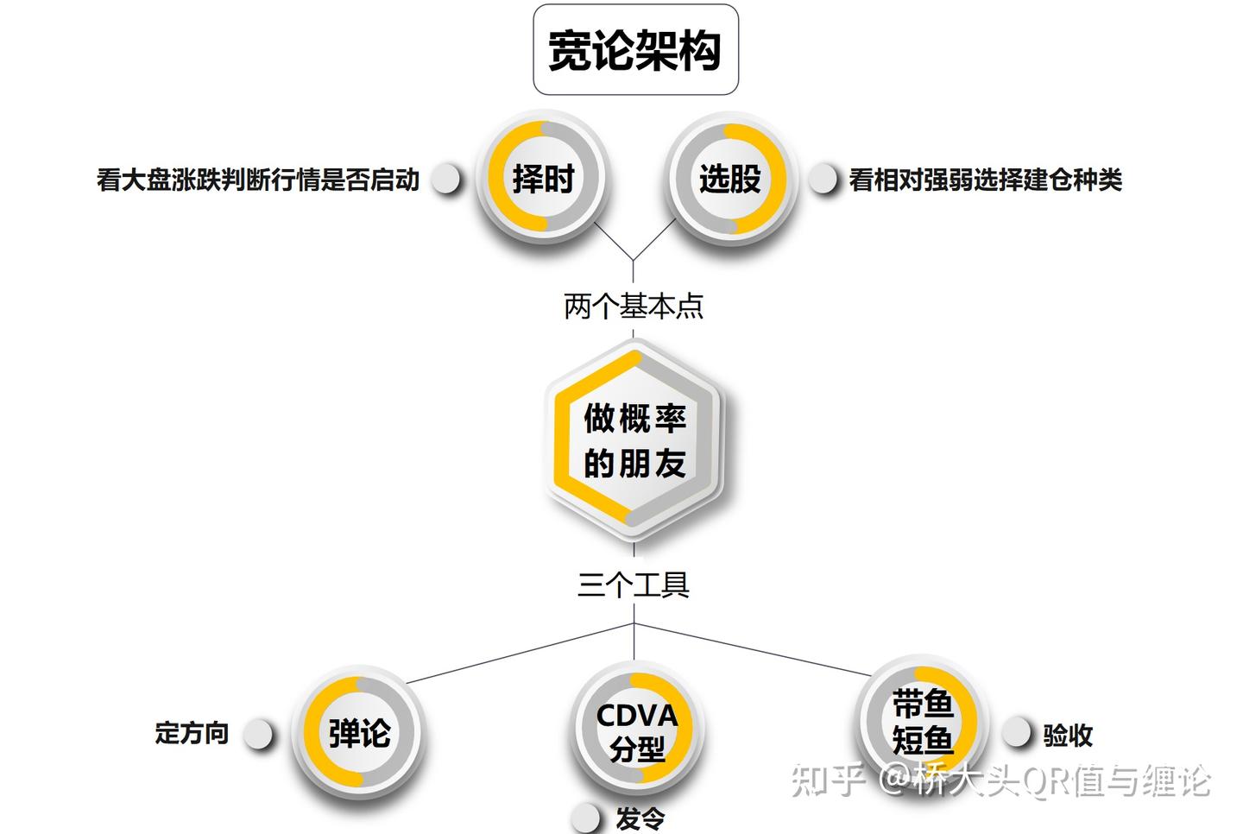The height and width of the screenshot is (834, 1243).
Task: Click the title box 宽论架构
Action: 635,50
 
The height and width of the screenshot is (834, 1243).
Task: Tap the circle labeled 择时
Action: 542,180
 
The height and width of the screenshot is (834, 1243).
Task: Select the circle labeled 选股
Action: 729,180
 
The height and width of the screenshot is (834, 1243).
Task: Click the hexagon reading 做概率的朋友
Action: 634,440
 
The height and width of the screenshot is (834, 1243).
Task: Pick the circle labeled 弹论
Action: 359,733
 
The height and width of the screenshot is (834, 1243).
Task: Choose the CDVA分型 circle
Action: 637,730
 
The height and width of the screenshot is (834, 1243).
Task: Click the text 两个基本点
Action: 634,306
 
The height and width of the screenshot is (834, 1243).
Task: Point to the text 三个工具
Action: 634,585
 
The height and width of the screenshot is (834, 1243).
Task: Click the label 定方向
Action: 192,733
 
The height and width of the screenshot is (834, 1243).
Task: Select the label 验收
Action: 1068,735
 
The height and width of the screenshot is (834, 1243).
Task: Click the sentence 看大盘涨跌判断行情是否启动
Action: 258,180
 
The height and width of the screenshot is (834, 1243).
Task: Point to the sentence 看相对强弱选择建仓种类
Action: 985,180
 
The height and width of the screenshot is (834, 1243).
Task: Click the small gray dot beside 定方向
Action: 257,735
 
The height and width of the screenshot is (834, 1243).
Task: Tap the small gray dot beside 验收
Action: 1016,732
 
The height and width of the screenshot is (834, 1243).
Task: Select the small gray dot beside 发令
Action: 586,816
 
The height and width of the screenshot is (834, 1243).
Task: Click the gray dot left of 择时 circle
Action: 445,179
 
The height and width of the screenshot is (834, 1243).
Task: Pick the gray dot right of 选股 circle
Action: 823,179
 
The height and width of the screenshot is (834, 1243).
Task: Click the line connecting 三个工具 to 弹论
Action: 518,654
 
